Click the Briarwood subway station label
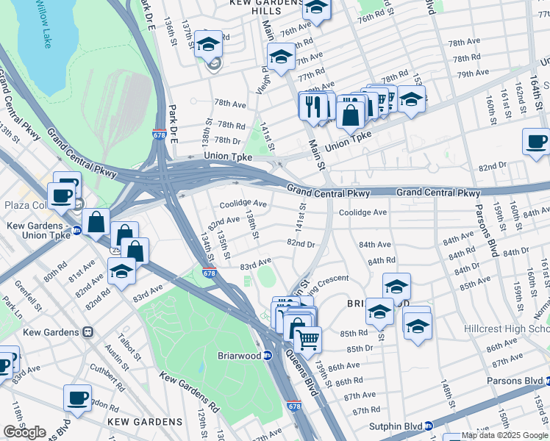click(x=240, y=355)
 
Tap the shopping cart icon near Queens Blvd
click(x=308, y=340)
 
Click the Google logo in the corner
click(x=24, y=432)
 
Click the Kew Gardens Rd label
click(x=190, y=392)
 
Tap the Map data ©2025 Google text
click(x=496, y=436)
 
